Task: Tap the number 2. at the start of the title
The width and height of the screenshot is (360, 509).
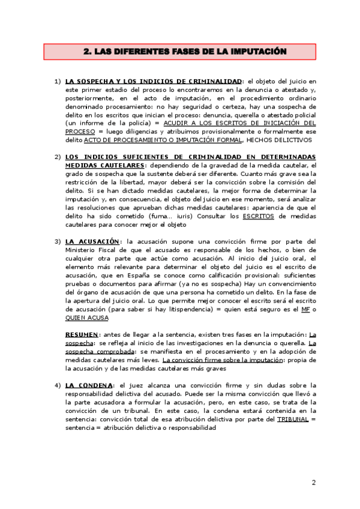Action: point(87,52)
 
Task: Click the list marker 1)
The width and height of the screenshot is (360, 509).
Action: point(58,81)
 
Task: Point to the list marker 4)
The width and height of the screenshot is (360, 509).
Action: point(58,384)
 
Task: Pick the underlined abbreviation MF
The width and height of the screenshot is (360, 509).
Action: point(305,309)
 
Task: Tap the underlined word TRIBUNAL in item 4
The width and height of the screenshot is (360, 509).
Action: point(293,418)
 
